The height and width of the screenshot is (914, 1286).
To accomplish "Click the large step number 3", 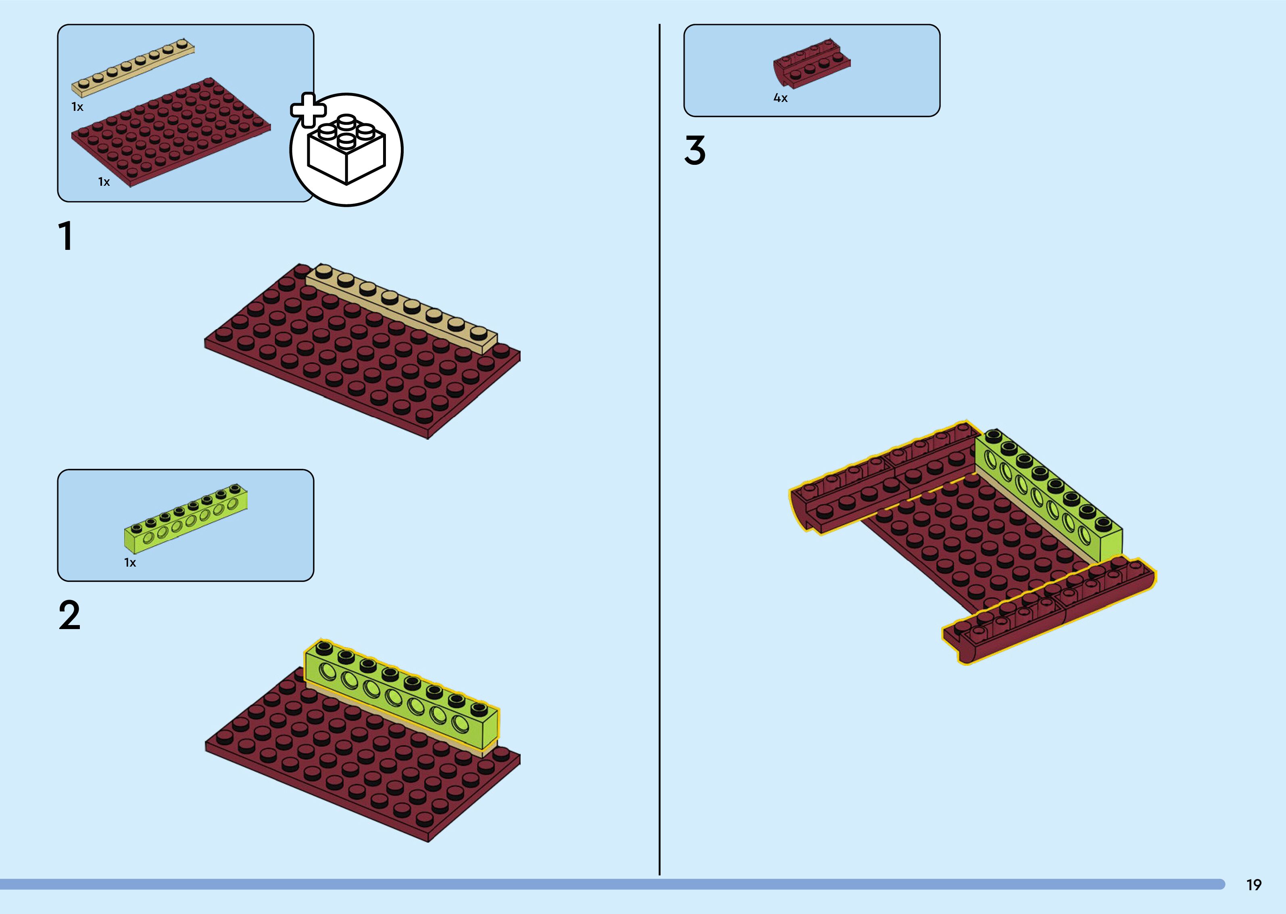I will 695,150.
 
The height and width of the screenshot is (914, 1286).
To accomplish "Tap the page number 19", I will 1254,885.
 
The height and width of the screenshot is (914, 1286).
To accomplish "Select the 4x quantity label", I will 780,98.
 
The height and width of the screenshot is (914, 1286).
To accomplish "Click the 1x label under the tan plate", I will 77,107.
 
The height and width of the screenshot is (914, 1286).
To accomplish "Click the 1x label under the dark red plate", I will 104,182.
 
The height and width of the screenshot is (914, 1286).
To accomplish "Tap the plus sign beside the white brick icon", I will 308,110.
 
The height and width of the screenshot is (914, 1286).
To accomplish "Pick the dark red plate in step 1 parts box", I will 169,132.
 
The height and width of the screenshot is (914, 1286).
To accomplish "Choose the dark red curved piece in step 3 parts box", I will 811,64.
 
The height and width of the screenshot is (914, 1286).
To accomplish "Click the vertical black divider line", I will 659,450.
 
